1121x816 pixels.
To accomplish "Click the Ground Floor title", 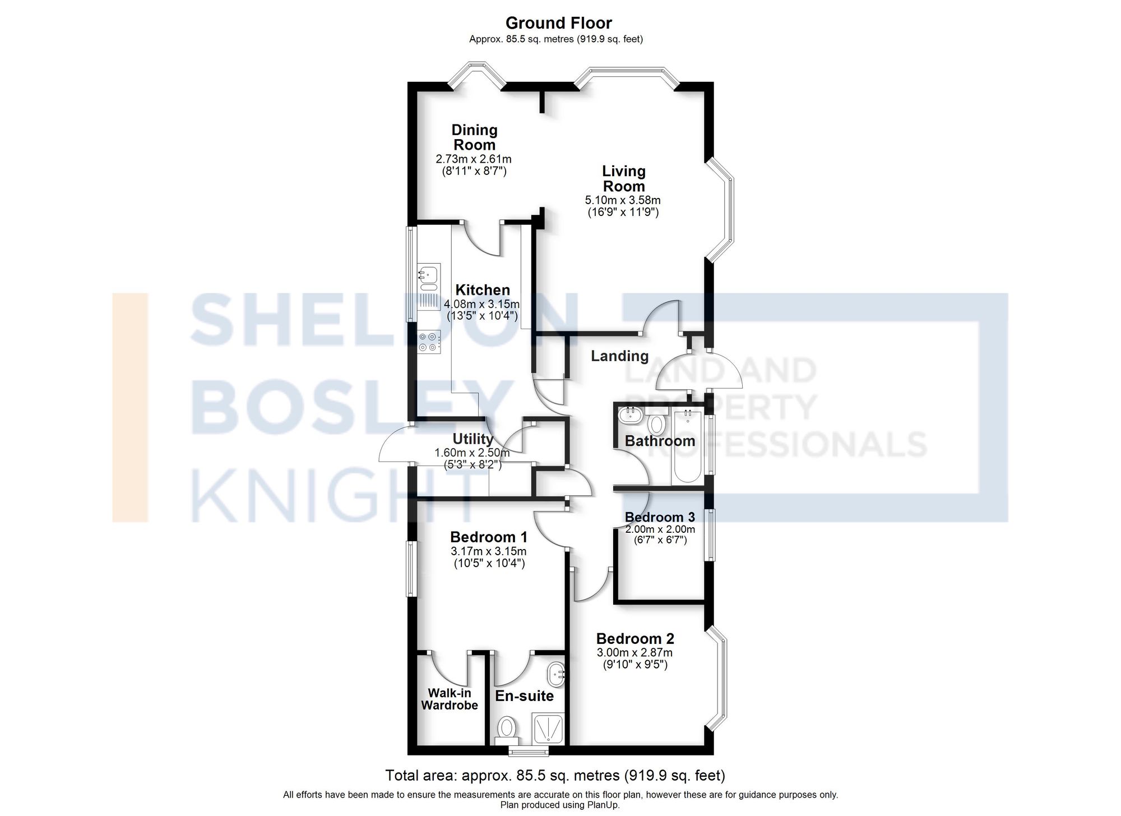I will coord(558,23).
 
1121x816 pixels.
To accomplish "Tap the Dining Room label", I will coord(474,137).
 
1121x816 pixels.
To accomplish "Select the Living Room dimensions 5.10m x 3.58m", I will coord(623,200).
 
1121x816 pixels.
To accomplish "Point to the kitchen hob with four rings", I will coord(429,342).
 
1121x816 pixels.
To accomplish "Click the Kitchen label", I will coord(482,290).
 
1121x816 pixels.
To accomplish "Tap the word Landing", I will coord(619,356).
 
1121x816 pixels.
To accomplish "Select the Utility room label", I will coord(473,439).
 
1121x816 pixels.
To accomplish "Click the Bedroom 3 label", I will coord(660,517).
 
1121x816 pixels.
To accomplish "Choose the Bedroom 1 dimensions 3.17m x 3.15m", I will coord(488,551).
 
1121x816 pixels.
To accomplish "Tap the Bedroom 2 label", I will coord(634,638).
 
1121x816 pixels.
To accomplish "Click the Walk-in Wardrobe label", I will coord(450,699).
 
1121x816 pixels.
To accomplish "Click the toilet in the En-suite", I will coord(507,729).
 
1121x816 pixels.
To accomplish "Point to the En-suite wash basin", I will coord(557,674).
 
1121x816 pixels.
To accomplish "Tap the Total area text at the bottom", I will coord(555,776).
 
